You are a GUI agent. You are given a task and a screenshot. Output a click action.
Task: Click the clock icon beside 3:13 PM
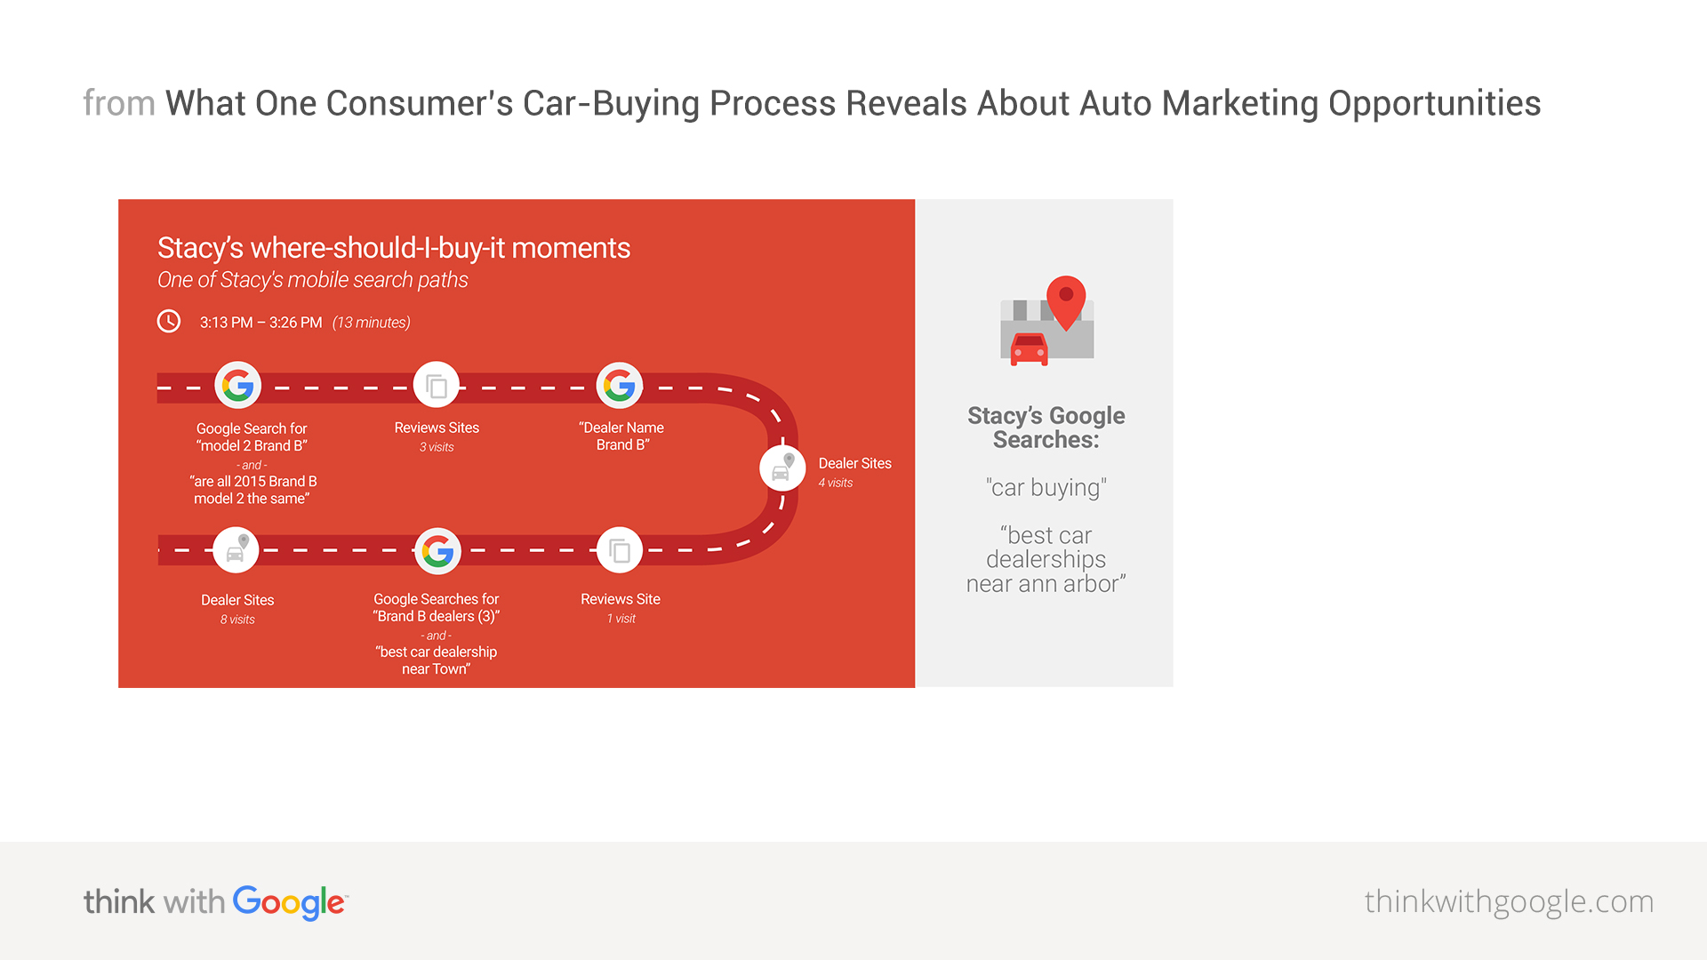pos(169,321)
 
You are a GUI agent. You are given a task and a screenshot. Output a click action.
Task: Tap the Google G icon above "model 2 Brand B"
pos(237,386)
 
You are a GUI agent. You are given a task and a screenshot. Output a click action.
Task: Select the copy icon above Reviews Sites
pos(437,386)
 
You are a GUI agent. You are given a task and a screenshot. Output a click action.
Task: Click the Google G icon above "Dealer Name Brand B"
pos(620,386)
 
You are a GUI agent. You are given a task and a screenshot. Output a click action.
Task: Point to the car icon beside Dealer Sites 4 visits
pos(782,468)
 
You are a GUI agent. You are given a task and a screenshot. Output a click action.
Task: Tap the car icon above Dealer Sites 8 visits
pos(236,550)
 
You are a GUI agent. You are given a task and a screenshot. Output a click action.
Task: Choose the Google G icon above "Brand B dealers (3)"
pos(437,551)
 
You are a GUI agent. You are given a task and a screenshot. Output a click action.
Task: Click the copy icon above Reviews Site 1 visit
pos(620,551)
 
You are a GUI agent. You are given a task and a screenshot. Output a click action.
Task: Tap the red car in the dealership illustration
pos(1030,349)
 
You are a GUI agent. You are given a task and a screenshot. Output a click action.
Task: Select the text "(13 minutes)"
pos(372,323)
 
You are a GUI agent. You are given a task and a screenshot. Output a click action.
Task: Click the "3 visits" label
pos(437,447)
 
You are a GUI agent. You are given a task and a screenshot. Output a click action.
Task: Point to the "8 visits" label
pos(237,620)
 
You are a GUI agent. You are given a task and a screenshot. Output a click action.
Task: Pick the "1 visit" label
pos(621,619)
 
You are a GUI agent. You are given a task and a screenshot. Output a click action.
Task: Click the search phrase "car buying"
pos(1046,488)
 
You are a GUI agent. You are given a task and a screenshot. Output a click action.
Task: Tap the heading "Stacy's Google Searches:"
pos(1046,428)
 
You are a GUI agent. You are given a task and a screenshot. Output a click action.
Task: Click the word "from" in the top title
pos(119,103)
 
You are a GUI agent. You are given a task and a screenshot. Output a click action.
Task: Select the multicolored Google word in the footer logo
pos(290,902)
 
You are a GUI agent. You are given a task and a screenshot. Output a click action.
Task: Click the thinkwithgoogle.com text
pos(1509,902)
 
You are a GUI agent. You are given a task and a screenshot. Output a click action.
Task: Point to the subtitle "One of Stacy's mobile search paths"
pos(312,280)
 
